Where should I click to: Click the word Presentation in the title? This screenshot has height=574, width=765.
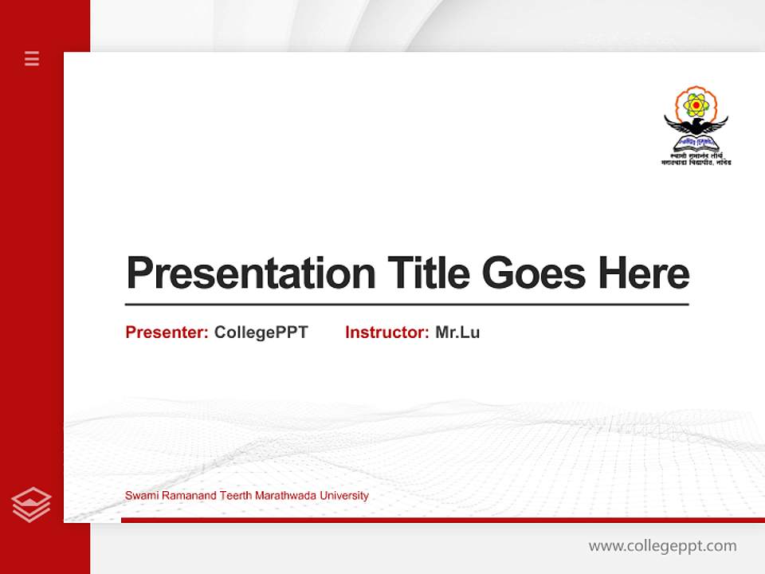[x=250, y=273]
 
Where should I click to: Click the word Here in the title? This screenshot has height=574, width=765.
[x=643, y=273]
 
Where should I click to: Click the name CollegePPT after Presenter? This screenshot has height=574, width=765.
[x=261, y=332]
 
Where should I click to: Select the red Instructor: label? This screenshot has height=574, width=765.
[x=387, y=332]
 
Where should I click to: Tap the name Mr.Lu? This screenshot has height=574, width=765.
[x=457, y=332]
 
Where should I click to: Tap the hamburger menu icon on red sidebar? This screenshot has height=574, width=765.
[x=32, y=58]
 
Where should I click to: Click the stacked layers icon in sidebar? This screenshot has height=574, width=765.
[x=31, y=505]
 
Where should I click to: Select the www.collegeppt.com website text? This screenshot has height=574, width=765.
[x=662, y=546]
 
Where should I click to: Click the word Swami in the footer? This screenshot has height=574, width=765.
[x=139, y=496]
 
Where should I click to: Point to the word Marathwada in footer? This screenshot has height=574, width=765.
[x=285, y=496]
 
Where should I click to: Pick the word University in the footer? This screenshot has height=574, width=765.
[x=343, y=496]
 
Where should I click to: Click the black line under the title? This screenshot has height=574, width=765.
[x=406, y=305]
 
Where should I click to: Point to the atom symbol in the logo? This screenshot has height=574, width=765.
[x=696, y=104]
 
